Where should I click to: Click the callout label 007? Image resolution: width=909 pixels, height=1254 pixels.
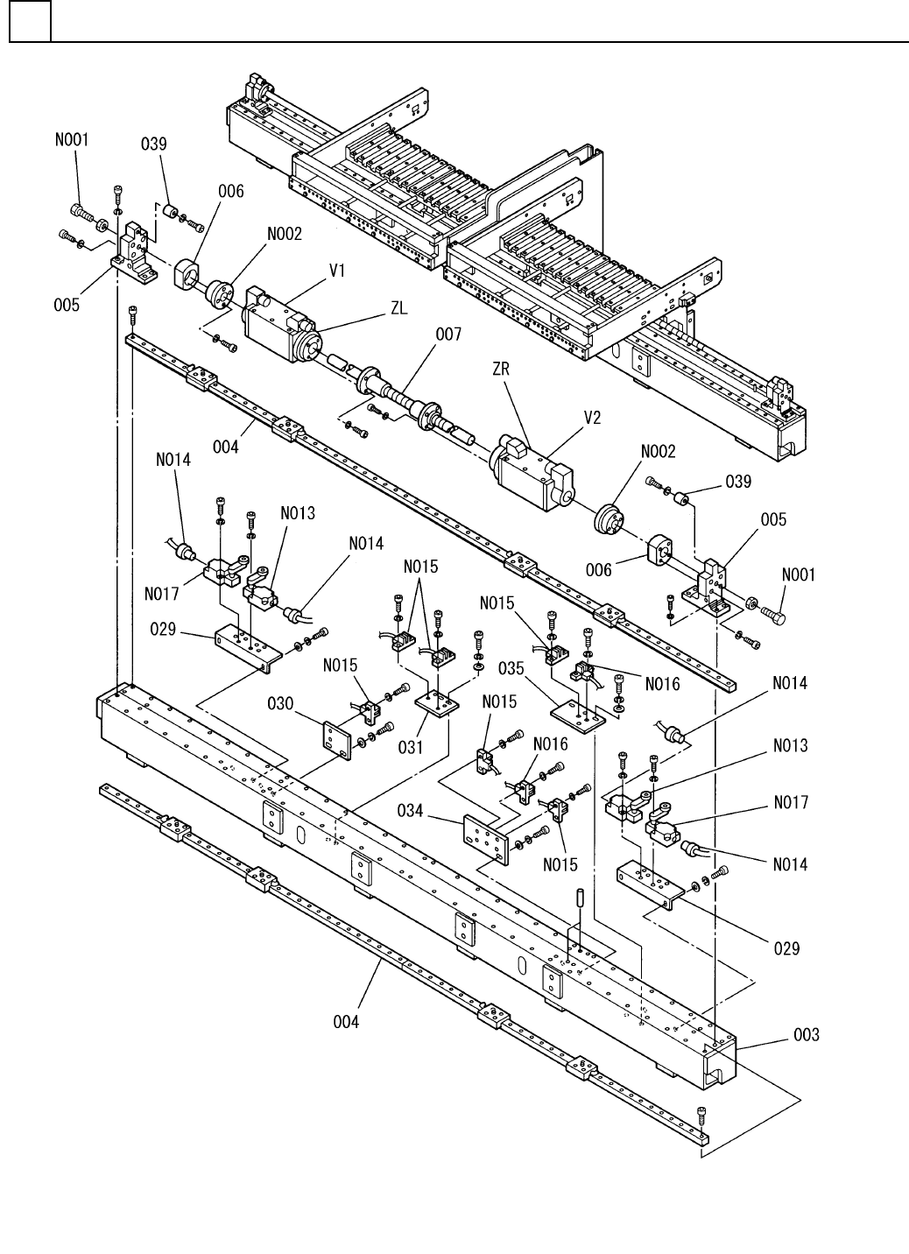click(x=448, y=335)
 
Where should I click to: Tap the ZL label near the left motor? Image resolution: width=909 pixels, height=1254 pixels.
click(x=399, y=308)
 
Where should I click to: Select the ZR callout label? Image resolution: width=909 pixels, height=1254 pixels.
click(x=501, y=369)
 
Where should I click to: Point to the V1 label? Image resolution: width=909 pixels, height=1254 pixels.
click(x=337, y=271)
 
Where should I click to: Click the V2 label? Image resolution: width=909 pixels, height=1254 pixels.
click(x=592, y=418)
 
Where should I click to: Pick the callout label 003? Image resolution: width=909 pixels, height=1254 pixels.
click(x=807, y=1034)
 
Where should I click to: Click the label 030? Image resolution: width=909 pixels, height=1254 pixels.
click(x=280, y=702)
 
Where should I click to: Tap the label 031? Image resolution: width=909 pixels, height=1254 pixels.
click(x=411, y=747)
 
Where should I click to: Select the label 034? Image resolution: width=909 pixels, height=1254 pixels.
click(x=411, y=810)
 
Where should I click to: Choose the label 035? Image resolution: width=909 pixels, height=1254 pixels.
click(x=511, y=668)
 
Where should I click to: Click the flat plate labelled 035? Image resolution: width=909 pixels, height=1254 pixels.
click(x=578, y=715)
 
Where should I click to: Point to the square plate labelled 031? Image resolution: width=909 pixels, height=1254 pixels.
click(x=437, y=701)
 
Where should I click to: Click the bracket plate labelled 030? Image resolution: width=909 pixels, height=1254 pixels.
click(x=336, y=740)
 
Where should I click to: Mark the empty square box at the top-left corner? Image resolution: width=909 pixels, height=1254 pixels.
click(x=31, y=21)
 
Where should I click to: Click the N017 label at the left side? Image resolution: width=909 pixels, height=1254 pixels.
click(x=161, y=594)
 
